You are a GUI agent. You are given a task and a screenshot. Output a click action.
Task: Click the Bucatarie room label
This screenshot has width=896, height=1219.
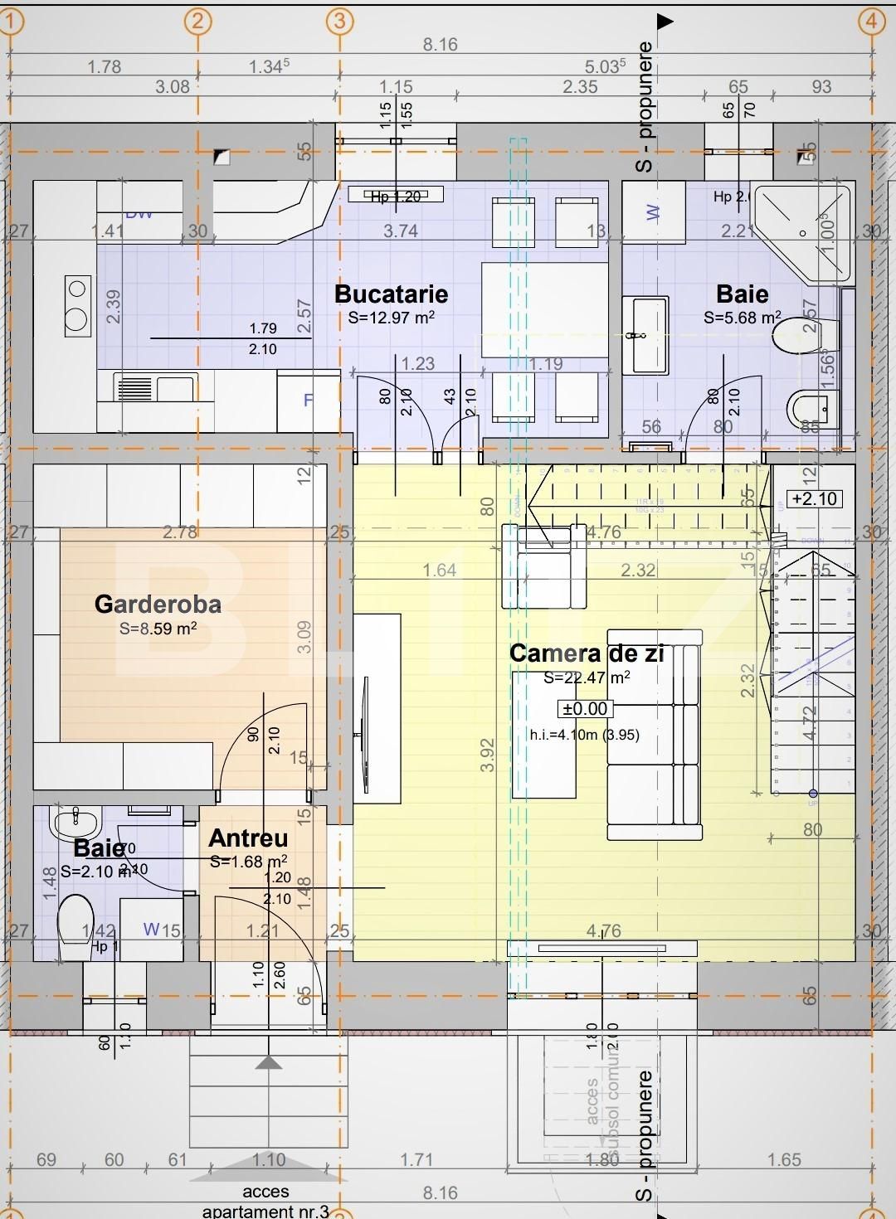(x=391, y=294)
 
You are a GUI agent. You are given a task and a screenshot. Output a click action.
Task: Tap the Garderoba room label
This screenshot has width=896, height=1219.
(x=158, y=604)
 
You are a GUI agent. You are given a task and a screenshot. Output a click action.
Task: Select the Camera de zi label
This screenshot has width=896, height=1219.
(x=587, y=653)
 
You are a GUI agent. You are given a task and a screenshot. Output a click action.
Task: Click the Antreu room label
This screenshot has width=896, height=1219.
(x=248, y=838)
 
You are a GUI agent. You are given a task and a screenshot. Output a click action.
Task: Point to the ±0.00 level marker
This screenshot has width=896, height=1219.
(x=586, y=709)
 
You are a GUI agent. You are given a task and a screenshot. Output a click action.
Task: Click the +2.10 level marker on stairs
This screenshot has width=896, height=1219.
(x=814, y=498)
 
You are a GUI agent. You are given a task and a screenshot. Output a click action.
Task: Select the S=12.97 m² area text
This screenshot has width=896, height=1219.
(x=391, y=317)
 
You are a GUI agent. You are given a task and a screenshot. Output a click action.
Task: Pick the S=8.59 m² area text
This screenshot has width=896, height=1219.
(x=158, y=629)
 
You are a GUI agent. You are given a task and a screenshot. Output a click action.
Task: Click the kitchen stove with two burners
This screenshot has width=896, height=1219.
(x=77, y=304)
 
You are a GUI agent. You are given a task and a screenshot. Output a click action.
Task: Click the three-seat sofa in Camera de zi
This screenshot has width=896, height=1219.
(x=654, y=748)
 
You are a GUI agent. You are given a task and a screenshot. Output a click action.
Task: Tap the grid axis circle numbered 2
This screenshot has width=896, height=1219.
(x=197, y=21)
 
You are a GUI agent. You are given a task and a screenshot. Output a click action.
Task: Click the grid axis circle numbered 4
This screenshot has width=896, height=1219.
(x=871, y=21)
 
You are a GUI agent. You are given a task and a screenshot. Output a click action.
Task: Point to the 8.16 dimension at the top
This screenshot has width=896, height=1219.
(x=440, y=45)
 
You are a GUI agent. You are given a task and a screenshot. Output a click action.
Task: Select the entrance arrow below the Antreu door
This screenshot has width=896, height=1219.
(x=267, y=1063)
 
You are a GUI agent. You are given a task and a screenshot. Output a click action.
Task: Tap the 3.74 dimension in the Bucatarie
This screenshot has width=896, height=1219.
(x=400, y=231)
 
